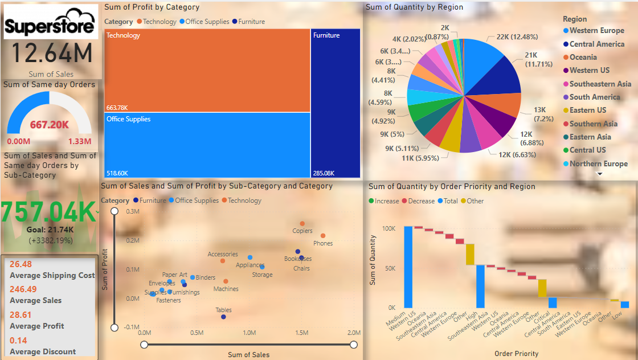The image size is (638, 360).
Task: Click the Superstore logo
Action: (x=50, y=23)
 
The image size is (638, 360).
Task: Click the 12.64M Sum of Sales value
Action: (x=51, y=54)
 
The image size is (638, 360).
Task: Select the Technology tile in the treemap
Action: (x=207, y=70)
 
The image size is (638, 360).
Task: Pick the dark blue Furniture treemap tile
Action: (x=336, y=103)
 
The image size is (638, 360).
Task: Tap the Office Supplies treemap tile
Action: (x=207, y=145)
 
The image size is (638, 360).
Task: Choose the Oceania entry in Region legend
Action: (x=583, y=57)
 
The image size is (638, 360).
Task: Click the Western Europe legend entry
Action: (x=596, y=30)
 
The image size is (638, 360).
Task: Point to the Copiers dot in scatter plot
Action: (x=302, y=223)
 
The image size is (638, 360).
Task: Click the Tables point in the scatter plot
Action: (x=223, y=317)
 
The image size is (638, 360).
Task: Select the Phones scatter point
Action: (x=323, y=236)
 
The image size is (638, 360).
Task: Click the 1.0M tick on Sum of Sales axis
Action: (x=248, y=333)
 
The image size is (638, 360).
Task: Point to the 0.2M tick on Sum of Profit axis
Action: (x=132, y=240)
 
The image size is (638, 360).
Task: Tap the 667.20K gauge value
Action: (x=50, y=125)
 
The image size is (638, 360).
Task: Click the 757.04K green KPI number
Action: (x=48, y=212)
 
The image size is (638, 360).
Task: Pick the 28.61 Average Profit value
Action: (x=21, y=314)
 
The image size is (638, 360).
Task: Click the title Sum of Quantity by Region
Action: (x=414, y=7)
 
